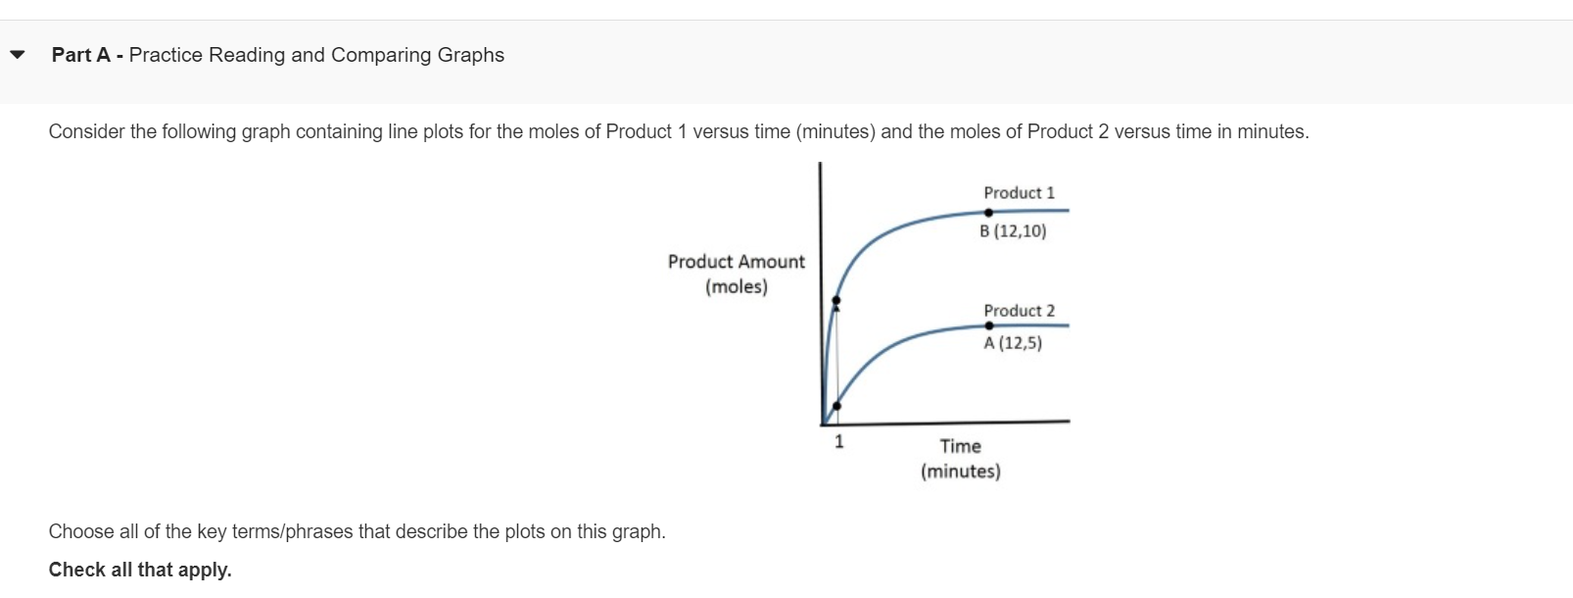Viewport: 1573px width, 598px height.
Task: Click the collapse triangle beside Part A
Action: point(17,55)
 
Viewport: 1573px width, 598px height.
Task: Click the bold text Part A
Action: point(80,55)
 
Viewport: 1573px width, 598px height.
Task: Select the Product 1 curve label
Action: point(1019,193)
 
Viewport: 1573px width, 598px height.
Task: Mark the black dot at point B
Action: point(988,213)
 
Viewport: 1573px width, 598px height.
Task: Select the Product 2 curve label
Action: point(1019,311)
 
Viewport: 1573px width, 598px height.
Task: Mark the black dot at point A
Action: point(989,325)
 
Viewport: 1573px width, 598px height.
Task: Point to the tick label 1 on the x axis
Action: point(838,442)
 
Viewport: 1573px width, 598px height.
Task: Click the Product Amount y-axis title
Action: point(736,262)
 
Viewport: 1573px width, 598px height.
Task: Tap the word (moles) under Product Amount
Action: point(736,287)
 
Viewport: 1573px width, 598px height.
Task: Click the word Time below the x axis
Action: point(960,446)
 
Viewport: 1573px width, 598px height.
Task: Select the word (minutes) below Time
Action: point(960,472)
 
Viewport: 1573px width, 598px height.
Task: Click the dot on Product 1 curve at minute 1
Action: point(835,300)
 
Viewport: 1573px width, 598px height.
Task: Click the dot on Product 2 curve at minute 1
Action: point(835,406)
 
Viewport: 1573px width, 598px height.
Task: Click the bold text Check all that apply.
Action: point(140,570)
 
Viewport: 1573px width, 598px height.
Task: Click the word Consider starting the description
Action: point(86,131)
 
